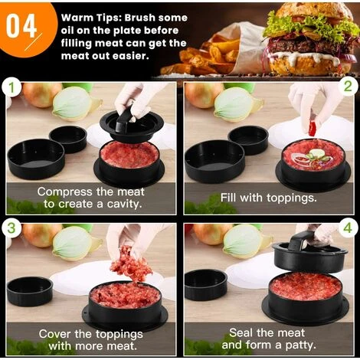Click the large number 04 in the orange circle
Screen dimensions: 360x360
pos(21,26)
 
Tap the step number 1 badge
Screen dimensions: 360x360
pos(11,87)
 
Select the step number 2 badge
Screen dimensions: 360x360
pos(348,87)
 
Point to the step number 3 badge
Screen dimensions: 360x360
pos(11,228)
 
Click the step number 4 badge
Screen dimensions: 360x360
pos(348,227)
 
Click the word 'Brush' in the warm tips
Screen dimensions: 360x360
pos(140,18)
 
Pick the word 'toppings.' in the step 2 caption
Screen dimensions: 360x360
pos(292,198)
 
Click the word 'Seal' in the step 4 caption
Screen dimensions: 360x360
pos(241,332)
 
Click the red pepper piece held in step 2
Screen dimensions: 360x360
pos(312,129)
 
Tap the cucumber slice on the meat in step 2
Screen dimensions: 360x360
pos(316,153)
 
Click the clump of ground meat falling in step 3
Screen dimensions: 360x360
pos(130,263)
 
